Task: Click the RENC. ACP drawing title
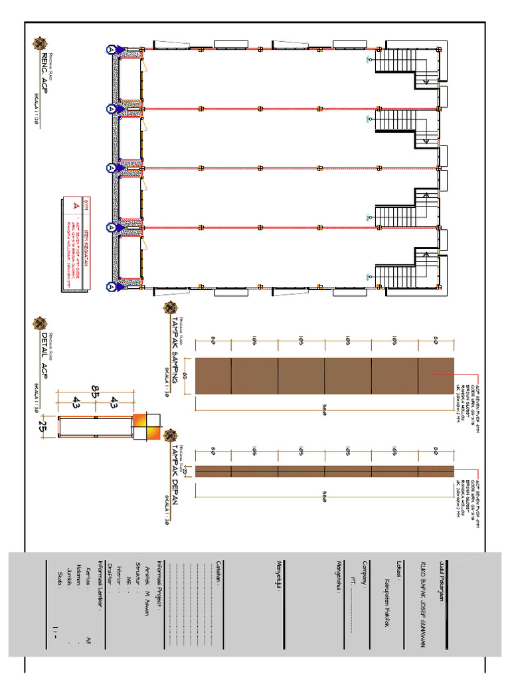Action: [x=45, y=78]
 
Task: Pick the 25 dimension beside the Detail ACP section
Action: [x=44, y=424]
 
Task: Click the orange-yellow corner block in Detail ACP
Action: [x=147, y=428]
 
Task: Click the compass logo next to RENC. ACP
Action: [x=40, y=44]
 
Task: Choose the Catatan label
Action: [x=220, y=572]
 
